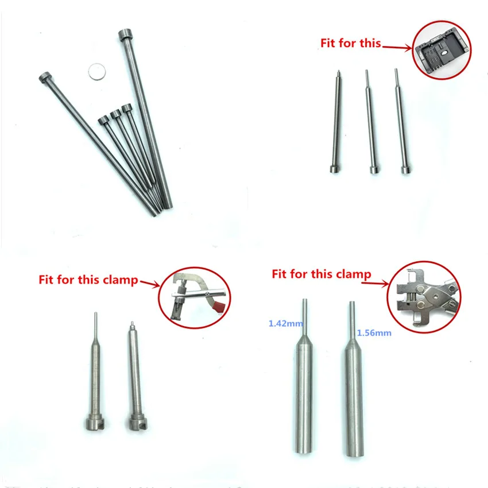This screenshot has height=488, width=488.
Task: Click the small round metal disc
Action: pos(97,71)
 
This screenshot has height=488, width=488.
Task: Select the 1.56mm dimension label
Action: pos(371,332)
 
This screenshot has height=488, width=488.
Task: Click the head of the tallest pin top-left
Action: pos(126,36)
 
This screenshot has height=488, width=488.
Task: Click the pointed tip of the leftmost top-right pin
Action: pos(338,73)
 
